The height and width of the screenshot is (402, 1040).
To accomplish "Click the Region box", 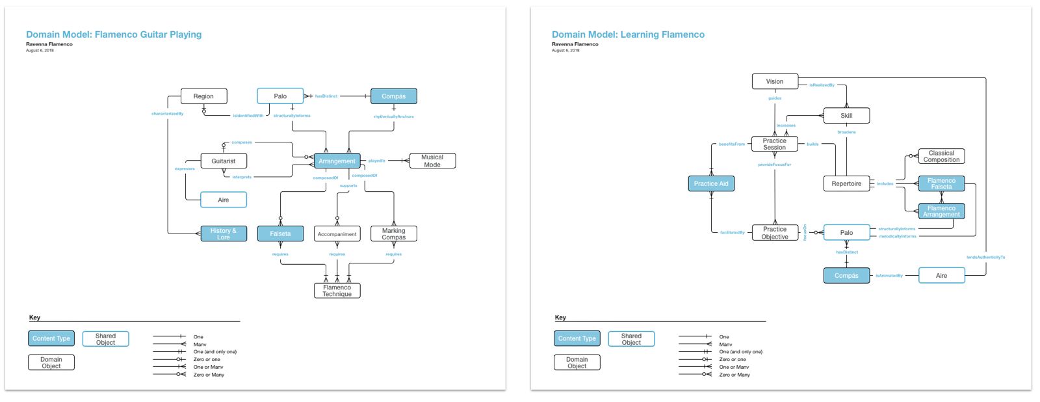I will pos(203,96).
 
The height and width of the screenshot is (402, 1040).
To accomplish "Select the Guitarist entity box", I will pos(223,161).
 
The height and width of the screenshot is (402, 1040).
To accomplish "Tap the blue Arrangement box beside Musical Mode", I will pos(337,161).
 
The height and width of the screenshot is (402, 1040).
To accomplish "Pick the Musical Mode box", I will pos(432,161).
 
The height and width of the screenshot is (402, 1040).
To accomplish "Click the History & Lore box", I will pos(223,234).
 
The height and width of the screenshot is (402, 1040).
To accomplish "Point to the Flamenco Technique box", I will pos(337,290).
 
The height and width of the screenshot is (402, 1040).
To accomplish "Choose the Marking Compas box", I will pos(393,234).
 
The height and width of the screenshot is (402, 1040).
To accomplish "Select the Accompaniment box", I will pos(337,234).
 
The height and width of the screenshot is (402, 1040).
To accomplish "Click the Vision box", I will pos(774,81).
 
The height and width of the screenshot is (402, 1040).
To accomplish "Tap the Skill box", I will pos(846,115).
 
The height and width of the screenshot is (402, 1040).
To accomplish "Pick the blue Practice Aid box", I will pos(711,183).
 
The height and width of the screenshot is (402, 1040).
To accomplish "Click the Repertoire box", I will pos(846,183).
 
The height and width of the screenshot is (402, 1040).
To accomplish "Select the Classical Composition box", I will pos(941,156).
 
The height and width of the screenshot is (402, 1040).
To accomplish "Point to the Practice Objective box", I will pos(774,233).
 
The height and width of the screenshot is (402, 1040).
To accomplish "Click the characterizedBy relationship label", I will pos(167,114).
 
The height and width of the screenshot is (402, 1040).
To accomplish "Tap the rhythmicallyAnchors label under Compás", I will pos(393,116).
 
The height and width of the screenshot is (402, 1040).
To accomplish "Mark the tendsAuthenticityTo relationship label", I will pos(985,257).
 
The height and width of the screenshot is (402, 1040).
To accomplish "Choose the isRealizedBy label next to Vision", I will pos(822,85).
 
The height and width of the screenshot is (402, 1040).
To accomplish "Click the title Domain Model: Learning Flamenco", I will pos(628,34).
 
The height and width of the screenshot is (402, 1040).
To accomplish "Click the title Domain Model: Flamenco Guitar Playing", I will pos(114,34).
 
